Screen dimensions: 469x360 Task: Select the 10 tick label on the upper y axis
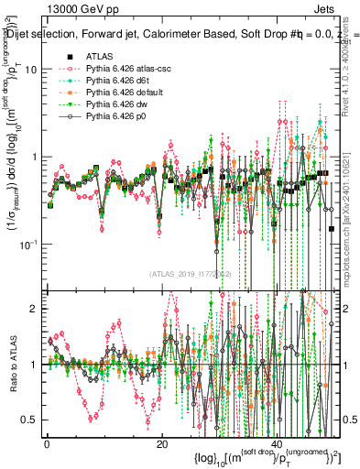click(30, 70)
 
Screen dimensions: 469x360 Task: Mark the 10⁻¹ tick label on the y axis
click(28, 243)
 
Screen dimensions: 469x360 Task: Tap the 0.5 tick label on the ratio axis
click(29, 420)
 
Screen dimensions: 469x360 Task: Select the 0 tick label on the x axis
click(47, 444)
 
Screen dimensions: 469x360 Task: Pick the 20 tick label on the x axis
click(161, 444)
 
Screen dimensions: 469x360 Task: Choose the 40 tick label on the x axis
click(277, 444)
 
